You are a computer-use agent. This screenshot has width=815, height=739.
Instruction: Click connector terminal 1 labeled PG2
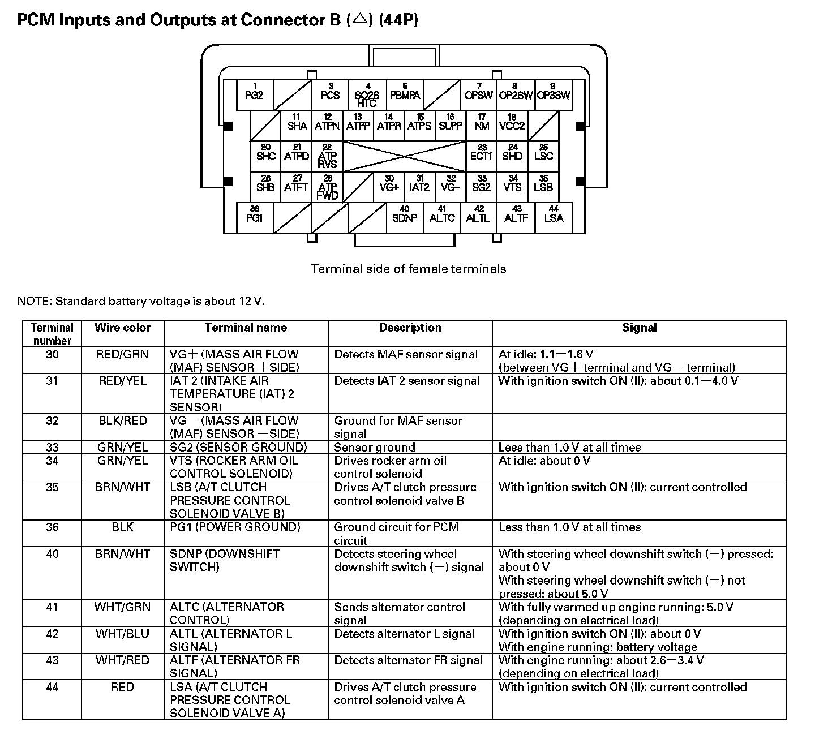click(x=254, y=94)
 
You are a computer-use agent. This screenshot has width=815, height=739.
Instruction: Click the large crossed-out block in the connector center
click(x=404, y=156)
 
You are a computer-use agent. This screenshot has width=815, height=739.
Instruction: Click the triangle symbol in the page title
click(x=359, y=20)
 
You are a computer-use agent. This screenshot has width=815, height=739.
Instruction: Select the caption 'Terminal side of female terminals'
click(x=408, y=269)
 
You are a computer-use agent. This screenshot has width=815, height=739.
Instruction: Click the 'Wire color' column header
click(x=123, y=328)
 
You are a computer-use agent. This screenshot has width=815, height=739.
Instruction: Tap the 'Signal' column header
click(x=639, y=328)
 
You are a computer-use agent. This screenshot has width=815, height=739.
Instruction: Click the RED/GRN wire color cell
click(x=123, y=355)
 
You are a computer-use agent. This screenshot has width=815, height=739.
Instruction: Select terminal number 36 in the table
click(x=52, y=527)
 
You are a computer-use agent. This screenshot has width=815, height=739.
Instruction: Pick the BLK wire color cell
click(x=123, y=527)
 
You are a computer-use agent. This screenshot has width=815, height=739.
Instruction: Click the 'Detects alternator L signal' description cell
click(x=405, y=634)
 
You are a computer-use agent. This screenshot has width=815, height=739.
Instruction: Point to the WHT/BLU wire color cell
click(x=123, y=634)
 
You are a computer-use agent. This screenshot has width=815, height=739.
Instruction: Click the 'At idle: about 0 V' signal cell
click(x=544, y=461)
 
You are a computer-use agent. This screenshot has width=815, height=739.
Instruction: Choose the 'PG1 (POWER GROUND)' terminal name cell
click(x=235, y=527)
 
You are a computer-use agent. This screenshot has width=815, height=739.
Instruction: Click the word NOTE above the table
click(x=34, y=301)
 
